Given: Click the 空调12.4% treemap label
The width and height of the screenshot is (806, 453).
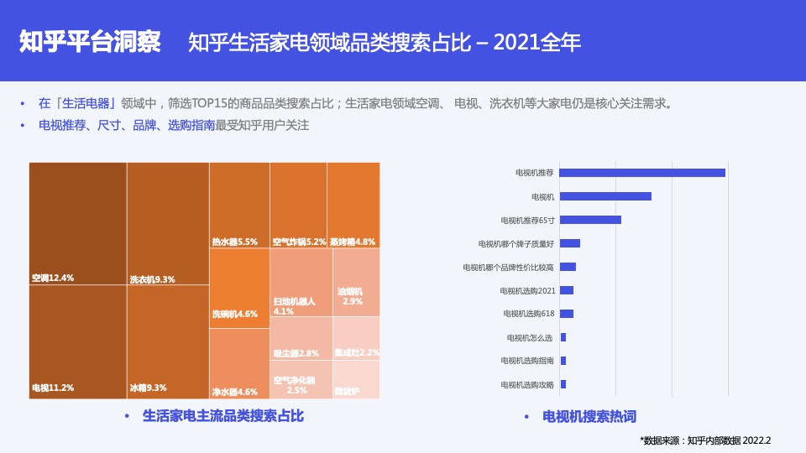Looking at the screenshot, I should pos(53,278).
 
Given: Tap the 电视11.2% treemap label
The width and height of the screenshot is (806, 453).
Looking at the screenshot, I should pos(53,388).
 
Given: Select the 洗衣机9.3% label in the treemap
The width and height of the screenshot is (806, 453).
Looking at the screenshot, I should pos(152,279).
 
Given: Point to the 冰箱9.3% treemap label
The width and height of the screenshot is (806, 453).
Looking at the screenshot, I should pos(148,388).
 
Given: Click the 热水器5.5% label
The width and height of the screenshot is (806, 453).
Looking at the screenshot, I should pos(234,242).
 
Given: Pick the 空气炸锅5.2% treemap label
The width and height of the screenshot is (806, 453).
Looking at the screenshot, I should pos(299,242).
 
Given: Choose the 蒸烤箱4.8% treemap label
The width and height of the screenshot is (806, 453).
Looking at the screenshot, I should pos(353,242).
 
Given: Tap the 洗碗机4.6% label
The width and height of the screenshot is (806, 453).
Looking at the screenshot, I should pos(234,314).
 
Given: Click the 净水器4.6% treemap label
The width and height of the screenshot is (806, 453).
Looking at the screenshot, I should pos(234,392).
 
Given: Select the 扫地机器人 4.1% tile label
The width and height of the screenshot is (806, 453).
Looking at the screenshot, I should pos(294,305).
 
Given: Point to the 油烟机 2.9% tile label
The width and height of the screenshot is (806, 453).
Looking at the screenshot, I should pos(351,296).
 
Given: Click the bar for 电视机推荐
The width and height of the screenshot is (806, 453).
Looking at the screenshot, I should pos(642,173).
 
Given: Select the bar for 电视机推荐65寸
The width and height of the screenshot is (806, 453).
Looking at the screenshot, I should pos(590,220).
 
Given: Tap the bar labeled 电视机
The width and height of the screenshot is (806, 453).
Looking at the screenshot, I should pos(605,196).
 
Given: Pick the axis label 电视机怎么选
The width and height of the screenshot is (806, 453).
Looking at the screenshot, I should pos(531,337).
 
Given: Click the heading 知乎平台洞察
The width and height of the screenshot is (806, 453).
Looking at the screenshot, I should pos(90,42).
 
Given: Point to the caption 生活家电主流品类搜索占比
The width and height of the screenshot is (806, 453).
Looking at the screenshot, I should pos(223,415).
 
